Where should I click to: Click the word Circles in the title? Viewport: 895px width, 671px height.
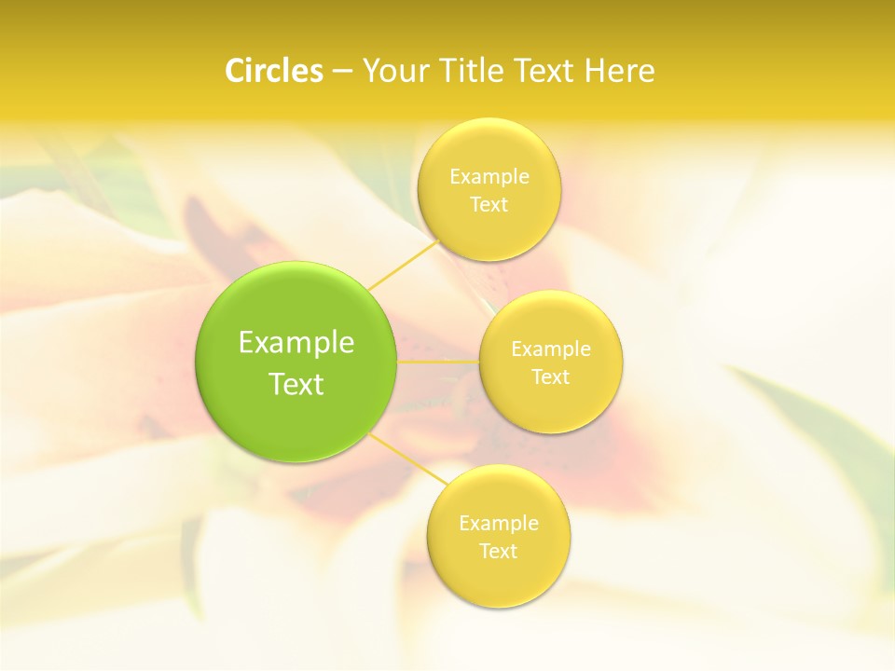click(x=273, y=71)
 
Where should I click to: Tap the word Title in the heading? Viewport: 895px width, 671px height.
click(x=472, y=71)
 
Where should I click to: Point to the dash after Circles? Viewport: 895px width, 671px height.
click(x=342, y=72)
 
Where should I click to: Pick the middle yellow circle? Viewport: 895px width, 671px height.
click(x=551, y=405)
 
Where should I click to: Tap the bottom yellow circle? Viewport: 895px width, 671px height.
click(x=499, y=578)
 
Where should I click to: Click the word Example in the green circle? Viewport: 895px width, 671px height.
click(x=296, y=343)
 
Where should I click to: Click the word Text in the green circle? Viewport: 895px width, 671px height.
click(x=296, y=384)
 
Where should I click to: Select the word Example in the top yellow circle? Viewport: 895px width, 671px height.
click(x=489, y=176)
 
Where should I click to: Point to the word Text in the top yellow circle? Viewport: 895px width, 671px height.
click(x=489, y=204)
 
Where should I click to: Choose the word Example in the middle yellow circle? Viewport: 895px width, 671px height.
click(x=551, y=349)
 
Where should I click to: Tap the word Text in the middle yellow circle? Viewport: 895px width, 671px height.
click(x=551, y=377)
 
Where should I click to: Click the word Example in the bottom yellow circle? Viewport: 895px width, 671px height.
click(x=499, y=523)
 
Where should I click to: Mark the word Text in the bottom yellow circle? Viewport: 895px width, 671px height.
click(x=499, y=551)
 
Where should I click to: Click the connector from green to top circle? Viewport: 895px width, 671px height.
click(x=404, y=265)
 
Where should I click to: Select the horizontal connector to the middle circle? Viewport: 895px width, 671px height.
click(x=438, y=361)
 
